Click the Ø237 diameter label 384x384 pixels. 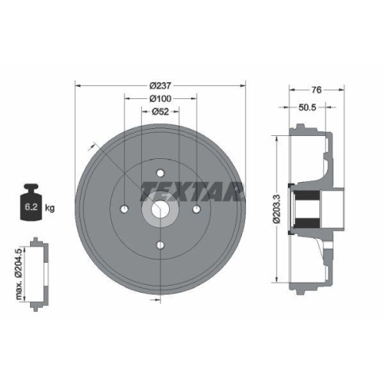pos(160,84)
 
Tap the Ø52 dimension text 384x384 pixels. pos(160,111)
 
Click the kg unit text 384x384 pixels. pos(50,207)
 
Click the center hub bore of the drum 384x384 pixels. pos(161,208)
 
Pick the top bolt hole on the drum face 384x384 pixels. pos(161,172)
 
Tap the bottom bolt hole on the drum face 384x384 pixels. pos(161,244)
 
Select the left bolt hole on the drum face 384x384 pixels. pos(124,208)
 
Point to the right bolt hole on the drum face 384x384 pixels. pos(197,208)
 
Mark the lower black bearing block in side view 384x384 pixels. pos(309,223)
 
